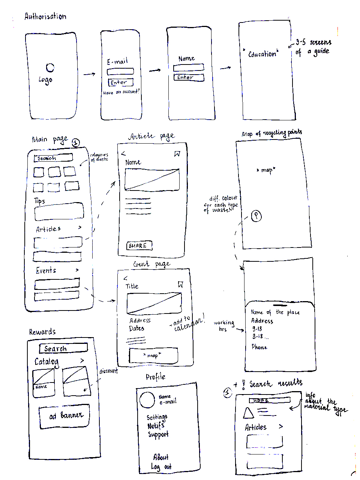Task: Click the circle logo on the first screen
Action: click(50, 67)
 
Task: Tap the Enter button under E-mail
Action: click(120, 82)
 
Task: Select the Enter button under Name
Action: click(189, 77)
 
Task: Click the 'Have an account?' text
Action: click(121, 92)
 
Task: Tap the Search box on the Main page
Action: click(53, 158)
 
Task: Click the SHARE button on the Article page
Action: click(139, 246)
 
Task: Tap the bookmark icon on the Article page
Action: click(177, 154)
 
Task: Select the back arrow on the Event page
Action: click(126, 278)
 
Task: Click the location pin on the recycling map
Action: click(256, 216)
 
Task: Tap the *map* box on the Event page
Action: click(153, 355)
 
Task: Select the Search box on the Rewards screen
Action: click(63, 348)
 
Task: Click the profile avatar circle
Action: click(147, 400)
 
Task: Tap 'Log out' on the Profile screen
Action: click(161, 467)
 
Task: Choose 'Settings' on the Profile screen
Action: click(157, 417)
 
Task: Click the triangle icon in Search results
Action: click(248, 413)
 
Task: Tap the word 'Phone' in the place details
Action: click(259, 347)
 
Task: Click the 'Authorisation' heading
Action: click(45, 16)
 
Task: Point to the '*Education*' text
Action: click(261, 54)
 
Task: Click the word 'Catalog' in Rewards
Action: click(46, 361)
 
